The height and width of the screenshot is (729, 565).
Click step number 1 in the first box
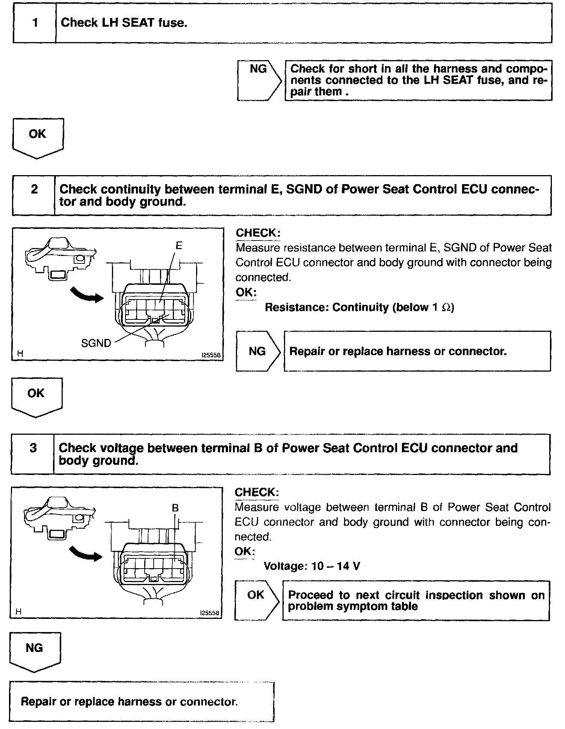pos(35,23)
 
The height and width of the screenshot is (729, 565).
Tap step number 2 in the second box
pos(34,189)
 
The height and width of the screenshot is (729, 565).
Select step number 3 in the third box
pos(33,448)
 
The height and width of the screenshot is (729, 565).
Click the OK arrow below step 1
pos(38,137)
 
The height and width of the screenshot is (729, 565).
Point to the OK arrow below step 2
pos(36,396)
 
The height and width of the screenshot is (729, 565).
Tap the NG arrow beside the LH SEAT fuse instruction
pos(259,80)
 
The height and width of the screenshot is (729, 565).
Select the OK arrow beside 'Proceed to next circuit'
pos(257,600)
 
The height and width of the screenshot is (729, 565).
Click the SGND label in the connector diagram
pos(96,343)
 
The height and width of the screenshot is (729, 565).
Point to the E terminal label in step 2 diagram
pos(179,246)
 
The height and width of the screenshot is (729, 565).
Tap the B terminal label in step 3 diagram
pos(175,508)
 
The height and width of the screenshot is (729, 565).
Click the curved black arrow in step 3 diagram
pos(86,554)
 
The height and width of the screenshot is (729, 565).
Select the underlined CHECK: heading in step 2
pos(258,233)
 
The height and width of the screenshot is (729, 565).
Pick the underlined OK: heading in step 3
pos(245,551)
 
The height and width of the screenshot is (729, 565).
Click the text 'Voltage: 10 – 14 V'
pos(312,566)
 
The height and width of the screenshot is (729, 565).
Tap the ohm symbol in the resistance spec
pos(446,307)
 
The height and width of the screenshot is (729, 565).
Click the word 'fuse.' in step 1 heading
pos(172,23)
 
